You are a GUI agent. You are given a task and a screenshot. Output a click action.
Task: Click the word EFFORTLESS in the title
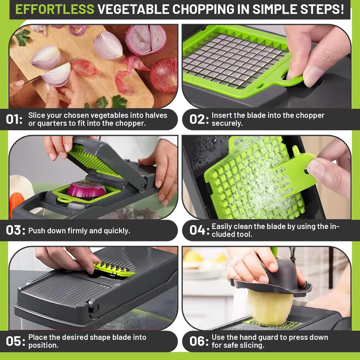point(55,9)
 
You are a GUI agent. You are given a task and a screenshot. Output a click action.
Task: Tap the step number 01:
point(14,120)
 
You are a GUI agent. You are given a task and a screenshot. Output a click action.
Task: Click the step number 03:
point(15,230)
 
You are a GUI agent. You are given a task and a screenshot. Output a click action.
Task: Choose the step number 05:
point(15,341)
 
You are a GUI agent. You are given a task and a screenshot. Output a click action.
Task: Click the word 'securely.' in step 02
point(227,123)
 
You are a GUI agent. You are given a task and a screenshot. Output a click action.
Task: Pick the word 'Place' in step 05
point(37,337)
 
